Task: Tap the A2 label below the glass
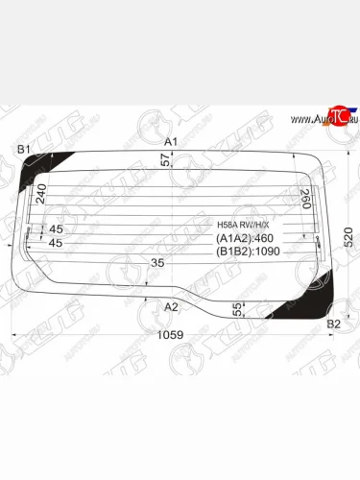point(171,307)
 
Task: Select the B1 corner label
point(24,149)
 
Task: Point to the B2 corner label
point(334,324)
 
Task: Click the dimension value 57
point(164,161)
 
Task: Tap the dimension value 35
point(156,262)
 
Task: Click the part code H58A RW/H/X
point(244,226)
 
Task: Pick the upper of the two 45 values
point(56,228)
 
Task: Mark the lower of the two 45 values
point(56,243)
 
